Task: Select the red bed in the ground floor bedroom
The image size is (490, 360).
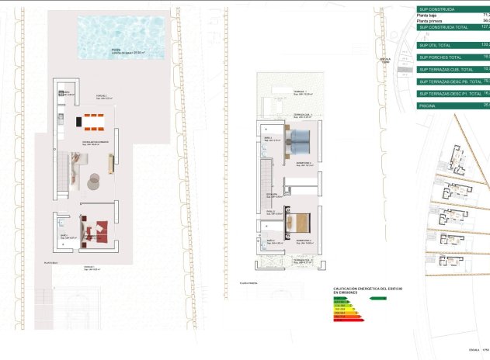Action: (99, 228)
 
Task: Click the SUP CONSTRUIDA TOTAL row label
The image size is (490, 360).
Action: (443, 27)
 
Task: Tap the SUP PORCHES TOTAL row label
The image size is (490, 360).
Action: (440, 57)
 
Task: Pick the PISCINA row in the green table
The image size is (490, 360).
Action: (427, 104)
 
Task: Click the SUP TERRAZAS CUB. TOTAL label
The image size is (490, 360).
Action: (446, 70)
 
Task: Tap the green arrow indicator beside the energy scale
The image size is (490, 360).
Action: (378, 298)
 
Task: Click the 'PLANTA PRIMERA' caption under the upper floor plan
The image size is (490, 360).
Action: (249, 284)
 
